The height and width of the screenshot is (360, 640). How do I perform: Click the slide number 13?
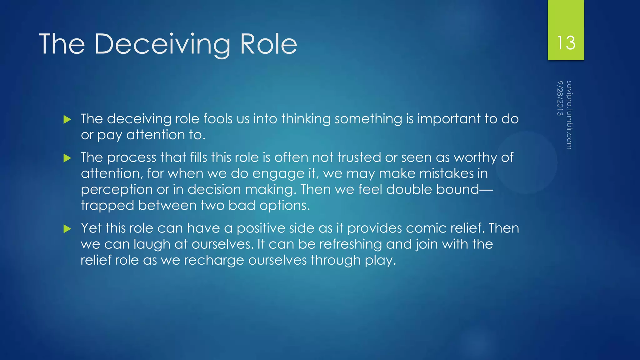click(566, 43)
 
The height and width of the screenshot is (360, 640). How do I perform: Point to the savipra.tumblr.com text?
click(569, 115)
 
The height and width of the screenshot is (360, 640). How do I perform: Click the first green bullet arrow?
click(67, 119)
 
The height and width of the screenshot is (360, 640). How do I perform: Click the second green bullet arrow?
click(67, 158)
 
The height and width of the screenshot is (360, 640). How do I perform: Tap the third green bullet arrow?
click(67, 229)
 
